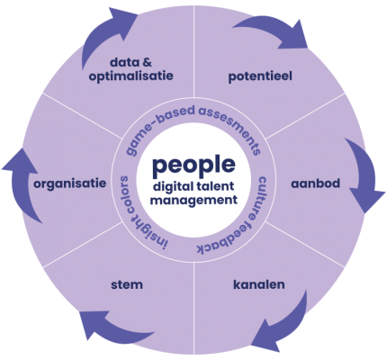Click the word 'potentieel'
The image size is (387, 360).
pos(260,76)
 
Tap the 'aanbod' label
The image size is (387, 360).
pos(315,184)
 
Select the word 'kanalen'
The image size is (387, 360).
pos(259,284)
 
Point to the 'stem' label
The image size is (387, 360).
pos(127,284)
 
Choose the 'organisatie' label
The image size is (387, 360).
pos(70,184)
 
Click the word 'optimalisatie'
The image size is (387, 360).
pos(131,76)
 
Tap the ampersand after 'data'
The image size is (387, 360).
pos(148,62)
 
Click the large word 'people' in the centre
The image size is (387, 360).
pos(193,166)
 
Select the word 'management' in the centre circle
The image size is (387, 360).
pos(193,200)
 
